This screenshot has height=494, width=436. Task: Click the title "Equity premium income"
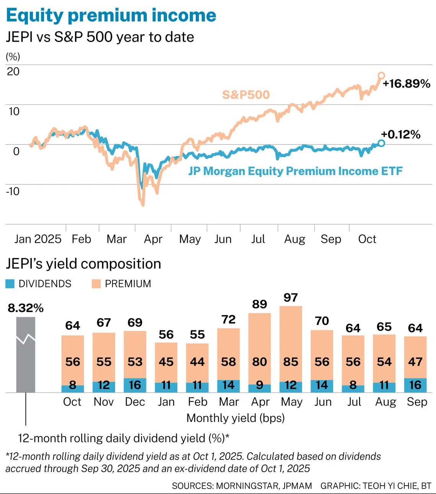pyautogui.click(x=111, y=15)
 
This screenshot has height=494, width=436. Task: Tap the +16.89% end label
pyautogui.click(x=407, y=84)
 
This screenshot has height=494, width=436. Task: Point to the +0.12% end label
pyautogui.click(x=400, y=134)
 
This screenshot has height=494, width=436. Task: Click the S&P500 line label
pyautogui.click(x=246, y=94)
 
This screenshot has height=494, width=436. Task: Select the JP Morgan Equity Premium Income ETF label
pyautogui.click(x=295, y=171)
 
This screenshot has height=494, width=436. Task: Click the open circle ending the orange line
pyautogui.click(x=381, y=75)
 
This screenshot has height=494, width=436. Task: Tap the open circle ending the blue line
pyautogui.click(x=381, y=143)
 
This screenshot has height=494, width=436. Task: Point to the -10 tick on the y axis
pyautogui.click(x=13, y=191)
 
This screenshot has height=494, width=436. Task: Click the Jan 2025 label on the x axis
pyautogui.click(x=37, y=239)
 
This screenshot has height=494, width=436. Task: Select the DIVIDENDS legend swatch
pyautogui.click(x=10, y=284)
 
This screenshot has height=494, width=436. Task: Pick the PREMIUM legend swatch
pyautogui.click(x=96, y=284)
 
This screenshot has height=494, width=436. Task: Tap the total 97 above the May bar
pyautogui.click(x=291, y=297)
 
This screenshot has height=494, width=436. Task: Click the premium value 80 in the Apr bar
pyautogui.click(x=260, y=362)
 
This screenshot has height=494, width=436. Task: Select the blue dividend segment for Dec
pyautogui.click(x=135, y=385)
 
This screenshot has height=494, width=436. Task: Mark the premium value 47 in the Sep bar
pyautogui.click(x=415, y=362)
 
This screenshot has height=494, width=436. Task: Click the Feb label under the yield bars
pyautogui.click(x=197, y=402)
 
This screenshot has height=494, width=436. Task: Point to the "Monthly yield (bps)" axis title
pyautogui.click(x=236, y=418)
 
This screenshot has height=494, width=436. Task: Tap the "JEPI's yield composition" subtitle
pyautogui.click(x=83, y=264)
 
